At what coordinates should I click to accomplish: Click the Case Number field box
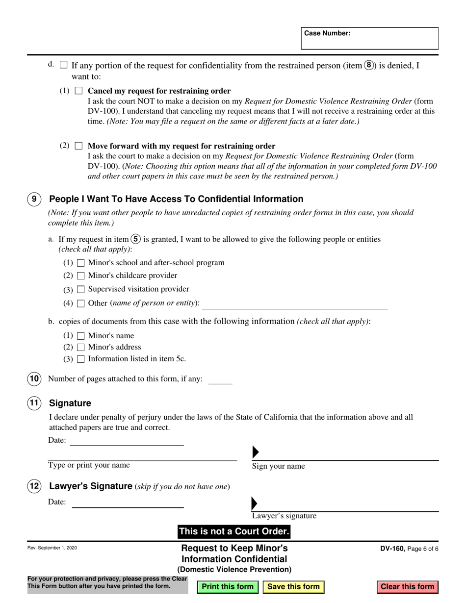click(x=369, y=38)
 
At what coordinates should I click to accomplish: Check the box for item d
click(x=63, y=65)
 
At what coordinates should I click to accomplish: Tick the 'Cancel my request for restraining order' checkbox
click(x=79, y=91)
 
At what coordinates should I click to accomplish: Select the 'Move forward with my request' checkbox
click(x=79, y=146)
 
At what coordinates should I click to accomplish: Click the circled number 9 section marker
click(x=33, y=199)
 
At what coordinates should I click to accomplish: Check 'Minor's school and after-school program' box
click(x=81, y=263)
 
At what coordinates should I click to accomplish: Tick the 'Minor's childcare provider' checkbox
click(x=81, y=276)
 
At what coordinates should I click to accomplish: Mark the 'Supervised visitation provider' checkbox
click(x=81, y=289)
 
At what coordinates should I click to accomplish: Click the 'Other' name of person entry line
click(x=294, y=304)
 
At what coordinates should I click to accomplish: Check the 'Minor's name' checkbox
click(x=81, y=336)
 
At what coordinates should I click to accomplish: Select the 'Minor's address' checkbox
click(x=81, y=348)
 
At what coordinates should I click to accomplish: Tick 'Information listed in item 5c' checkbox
click(x=81, y=359)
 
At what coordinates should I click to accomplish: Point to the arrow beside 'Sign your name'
click(x=255, y=452)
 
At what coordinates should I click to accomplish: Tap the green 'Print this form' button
click(x=228, y=587)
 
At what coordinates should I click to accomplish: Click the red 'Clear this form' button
click(x=407, y=587)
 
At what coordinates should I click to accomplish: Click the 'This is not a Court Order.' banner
click(x=234, y=531)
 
